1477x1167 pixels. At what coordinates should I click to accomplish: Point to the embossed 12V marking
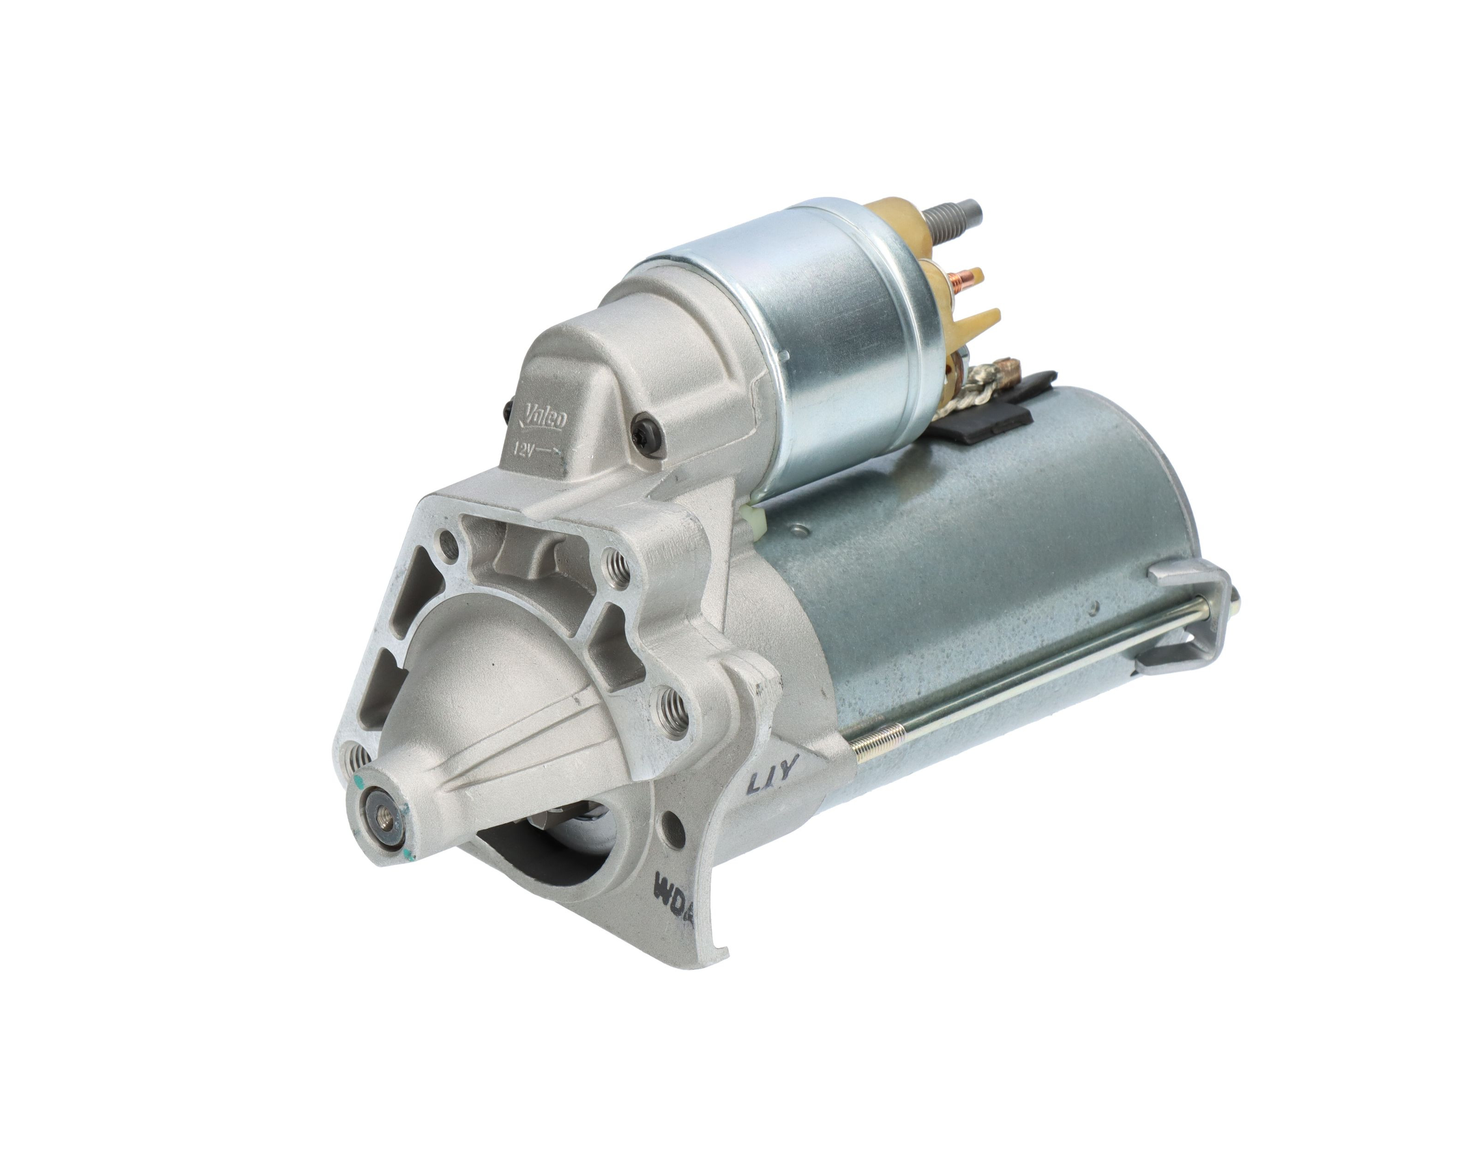click(x=535, y=450)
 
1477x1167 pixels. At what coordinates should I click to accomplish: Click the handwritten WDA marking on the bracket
click(x=672, y=888)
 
